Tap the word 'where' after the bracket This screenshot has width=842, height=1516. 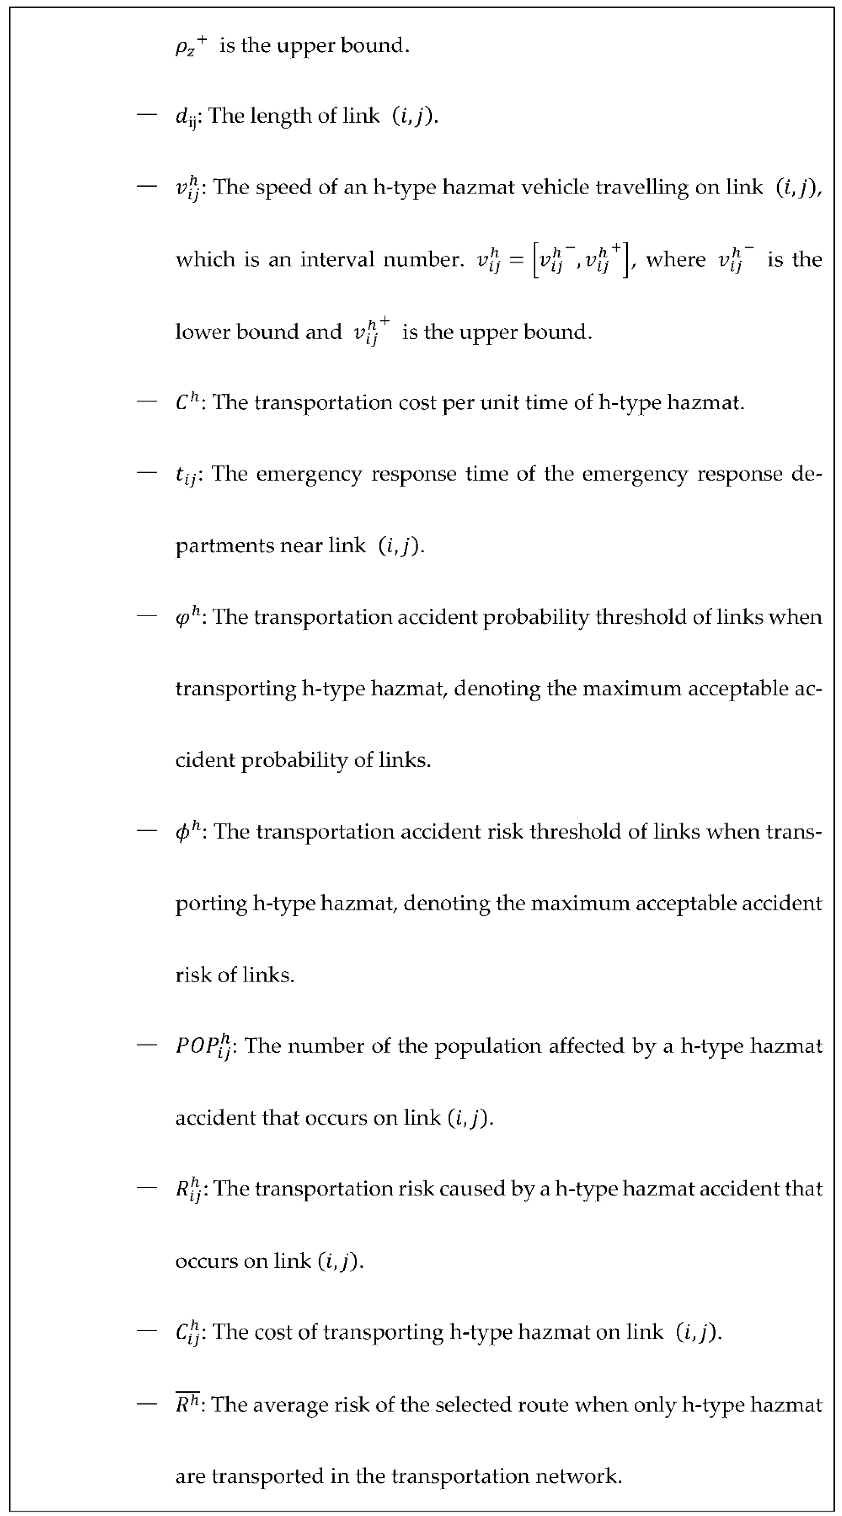(675, 260)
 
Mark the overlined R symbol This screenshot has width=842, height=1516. (187, 1405)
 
